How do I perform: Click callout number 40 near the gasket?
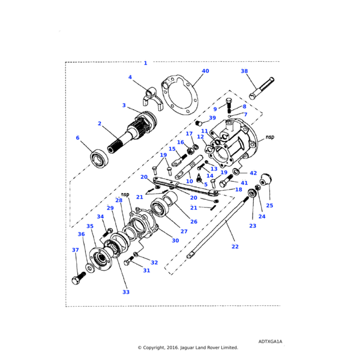(205, 71)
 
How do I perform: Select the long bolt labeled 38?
(262, 89)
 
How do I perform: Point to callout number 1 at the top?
(145, 63)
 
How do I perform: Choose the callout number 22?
(235, 246)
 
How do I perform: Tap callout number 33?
(125, 292)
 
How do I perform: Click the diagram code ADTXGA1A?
(270, 341)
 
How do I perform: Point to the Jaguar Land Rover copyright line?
(188, 347)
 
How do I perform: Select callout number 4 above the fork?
(130, 77)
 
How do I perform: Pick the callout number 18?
(239, 190)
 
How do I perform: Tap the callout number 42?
(253, 173)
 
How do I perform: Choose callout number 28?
(119, 200)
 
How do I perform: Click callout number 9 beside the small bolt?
(215, 109)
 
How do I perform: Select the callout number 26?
(193, 221)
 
